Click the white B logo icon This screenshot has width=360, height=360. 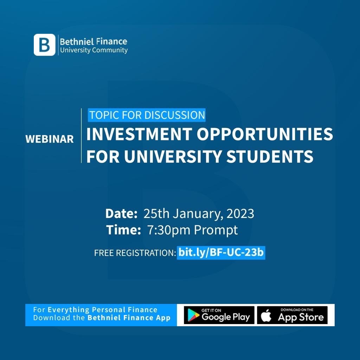click(44, 45)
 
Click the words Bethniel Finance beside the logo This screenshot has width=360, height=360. click(94, 41)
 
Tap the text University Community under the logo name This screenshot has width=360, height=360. click(94, 50)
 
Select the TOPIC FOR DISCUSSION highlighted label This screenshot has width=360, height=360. click(147, 115)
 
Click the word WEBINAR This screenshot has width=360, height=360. click(50, 139)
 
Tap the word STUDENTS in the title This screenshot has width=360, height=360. click(270, 156)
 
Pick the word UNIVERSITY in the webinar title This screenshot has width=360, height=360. click(174, 156)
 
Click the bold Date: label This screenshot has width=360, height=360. click(121, 213)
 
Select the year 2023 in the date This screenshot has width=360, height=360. click(240, 213)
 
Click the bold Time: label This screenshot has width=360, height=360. click(124, 230)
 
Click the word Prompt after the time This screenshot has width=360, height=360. click(216, 230)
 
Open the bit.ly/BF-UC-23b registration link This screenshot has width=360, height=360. click(221, 252)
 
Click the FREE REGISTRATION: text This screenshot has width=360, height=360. click(135, 253)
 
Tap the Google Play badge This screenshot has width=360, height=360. click(219, 315)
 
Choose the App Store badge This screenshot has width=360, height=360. click(292, 315)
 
